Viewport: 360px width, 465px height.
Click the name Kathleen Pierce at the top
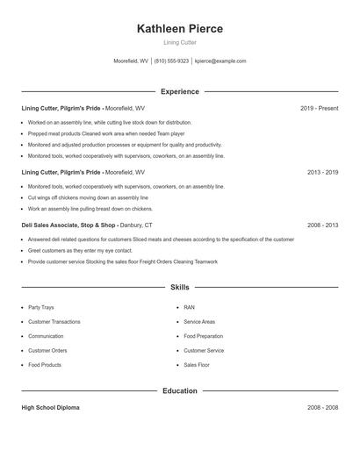tap(180, 29)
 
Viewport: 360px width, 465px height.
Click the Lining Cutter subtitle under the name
tap(180, 43)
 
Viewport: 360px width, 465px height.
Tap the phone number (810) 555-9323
tap(171, 61)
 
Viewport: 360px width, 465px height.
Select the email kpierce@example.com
tap(220, 61)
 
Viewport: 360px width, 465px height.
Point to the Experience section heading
tap(180, 91)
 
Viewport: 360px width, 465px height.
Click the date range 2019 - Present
tap(319, 108)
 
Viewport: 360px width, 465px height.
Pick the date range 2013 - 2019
tap(322, 173)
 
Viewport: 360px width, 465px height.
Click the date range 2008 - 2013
tap(322, 225)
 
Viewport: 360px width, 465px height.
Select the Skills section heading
tap(180, 287)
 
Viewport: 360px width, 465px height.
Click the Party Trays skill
tap(41, 308)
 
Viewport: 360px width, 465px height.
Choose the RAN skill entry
tap(189, 308)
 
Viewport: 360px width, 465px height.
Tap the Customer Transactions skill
tap(54, 322)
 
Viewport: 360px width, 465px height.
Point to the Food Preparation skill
tap(203, 336)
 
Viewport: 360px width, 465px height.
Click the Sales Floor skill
tap(197, 364)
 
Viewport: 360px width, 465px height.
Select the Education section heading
tap(180, 390)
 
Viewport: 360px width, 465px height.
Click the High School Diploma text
tap(52, 408)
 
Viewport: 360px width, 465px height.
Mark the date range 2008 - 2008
tap(322, 408)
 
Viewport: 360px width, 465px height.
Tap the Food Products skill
tap(45, 364)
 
